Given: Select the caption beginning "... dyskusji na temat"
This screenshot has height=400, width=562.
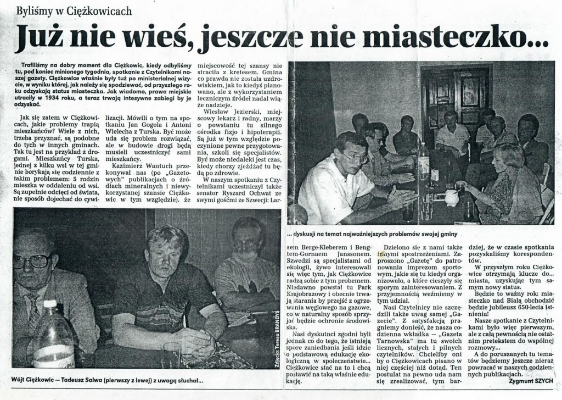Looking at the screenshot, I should click(378, 233).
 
